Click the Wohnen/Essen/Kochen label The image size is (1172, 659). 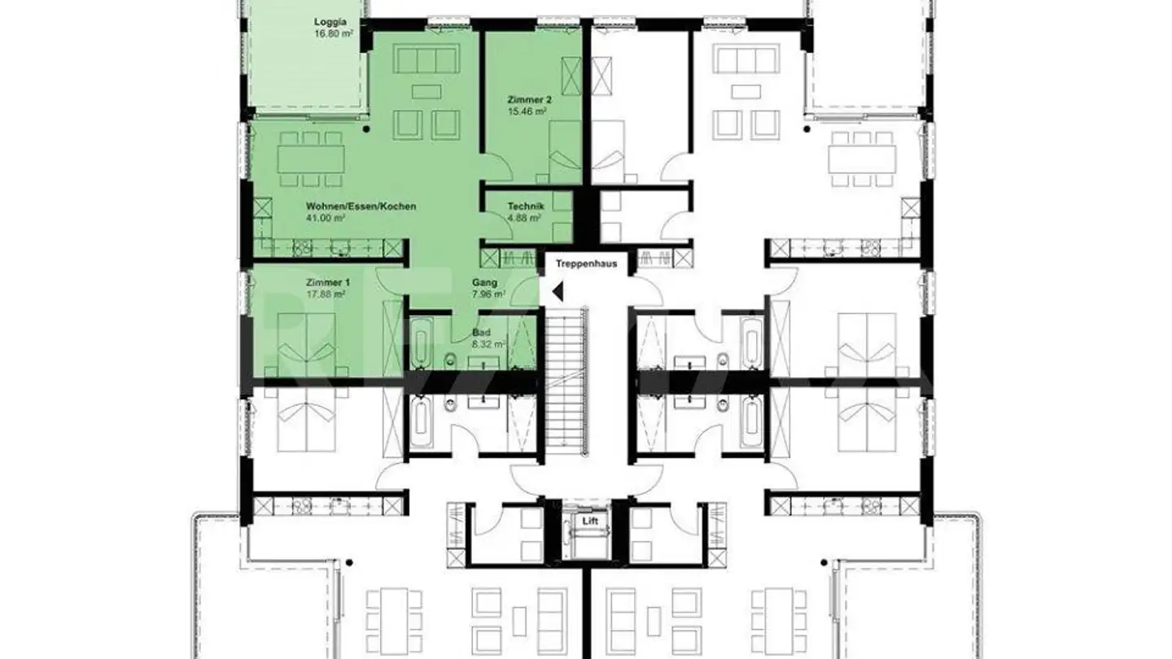361,207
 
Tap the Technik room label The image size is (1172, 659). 525,207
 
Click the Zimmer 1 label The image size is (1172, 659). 323,282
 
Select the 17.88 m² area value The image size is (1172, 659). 325,294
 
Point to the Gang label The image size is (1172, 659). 484,282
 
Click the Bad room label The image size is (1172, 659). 481,333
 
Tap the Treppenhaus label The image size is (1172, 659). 586,264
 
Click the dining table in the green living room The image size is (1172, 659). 310,159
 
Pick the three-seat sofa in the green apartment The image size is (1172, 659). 424,60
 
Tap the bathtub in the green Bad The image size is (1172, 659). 420,345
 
